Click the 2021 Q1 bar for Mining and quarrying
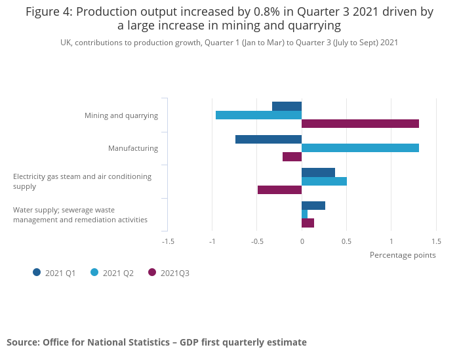point(287,106)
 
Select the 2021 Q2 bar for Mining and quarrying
point(258,115)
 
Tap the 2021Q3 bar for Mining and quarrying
point(360,124)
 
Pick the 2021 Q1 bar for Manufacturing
point(268,139)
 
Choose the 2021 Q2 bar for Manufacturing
point(360,148)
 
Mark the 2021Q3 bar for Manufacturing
point(292,157)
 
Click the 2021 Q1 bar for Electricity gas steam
point(318,172)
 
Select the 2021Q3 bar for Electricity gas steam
point(279,190)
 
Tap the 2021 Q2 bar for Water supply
point(304,214)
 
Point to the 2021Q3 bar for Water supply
point(308,223)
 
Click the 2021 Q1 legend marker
point(37,272)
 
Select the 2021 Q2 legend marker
point(94,272)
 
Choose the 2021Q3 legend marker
point(152,272)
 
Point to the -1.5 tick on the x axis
point(168,241)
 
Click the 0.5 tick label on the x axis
point(346,241)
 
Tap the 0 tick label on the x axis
point(302,241)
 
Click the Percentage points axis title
point(402,255)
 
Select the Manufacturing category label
point(133,148)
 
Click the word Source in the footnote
point(22,342)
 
